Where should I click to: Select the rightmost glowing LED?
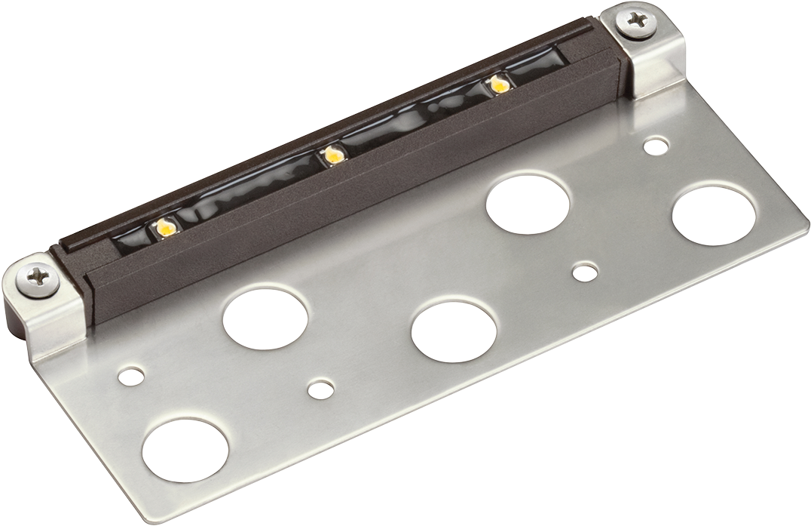pos(497,84)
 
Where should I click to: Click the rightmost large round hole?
pos(713,217)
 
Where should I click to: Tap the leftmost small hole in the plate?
pos(132,375)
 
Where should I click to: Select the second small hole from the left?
pos(321,389)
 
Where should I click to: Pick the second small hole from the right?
pos(584,272)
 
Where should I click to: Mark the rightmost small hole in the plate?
pos(656,146)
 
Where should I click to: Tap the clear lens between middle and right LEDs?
pos(415,121)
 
